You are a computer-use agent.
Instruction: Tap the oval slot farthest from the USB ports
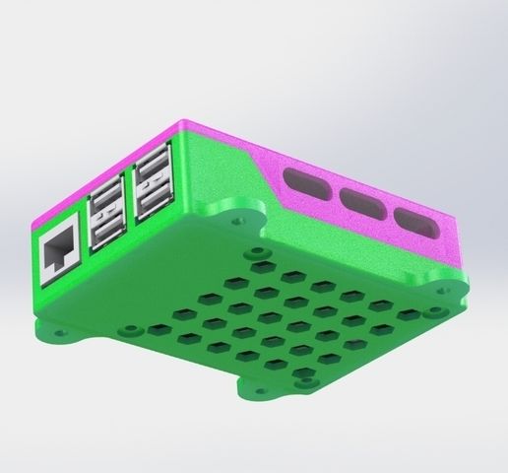coord(412,222)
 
